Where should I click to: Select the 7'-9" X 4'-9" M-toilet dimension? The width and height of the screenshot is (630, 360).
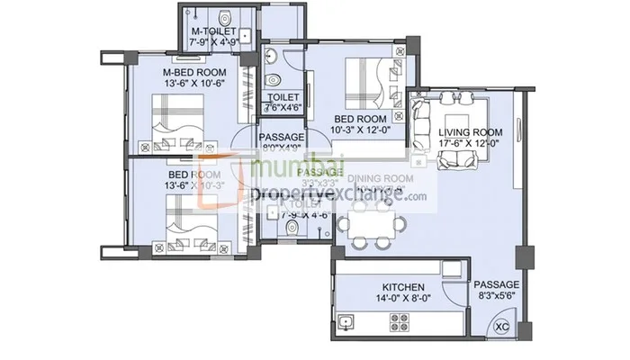[x=214, y=41]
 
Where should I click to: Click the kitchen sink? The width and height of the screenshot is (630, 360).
[x=345, y=321]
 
